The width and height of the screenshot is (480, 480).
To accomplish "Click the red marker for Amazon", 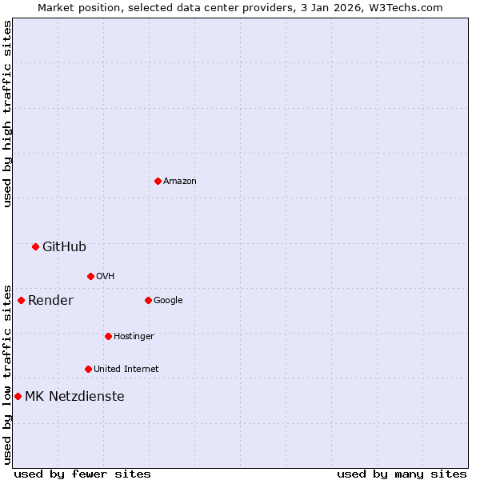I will [158, 181].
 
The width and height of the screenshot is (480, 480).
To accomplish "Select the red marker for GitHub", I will [35, 246].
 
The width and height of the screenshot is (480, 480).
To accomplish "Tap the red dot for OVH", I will [90, 276].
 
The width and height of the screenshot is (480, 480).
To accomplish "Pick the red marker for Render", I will [21, 300].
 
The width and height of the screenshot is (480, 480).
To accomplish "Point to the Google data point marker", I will [148, 300].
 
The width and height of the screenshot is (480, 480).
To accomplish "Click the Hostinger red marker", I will [108, 336].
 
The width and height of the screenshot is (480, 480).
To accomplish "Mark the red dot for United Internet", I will [88, 369].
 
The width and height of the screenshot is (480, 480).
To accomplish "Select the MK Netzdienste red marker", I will [18, 396].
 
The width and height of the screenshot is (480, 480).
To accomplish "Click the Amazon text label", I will [180, 181].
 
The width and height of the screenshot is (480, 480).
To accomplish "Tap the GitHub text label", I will [64, 246].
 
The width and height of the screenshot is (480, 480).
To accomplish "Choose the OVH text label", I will [106, 276].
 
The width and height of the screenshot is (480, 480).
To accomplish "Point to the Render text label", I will [50, 300].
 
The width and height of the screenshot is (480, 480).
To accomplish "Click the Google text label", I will [168, 300].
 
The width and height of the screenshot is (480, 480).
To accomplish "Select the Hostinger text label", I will [134, 336].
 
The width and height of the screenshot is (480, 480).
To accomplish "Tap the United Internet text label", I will [126, 369].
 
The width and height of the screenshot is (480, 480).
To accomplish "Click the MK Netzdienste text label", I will [74, 396].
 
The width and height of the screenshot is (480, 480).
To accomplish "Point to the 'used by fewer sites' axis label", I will [82, 474].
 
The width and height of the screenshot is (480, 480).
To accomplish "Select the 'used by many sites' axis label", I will [402, 474].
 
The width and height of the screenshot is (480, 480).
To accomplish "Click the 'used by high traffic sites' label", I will [7, 114].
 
